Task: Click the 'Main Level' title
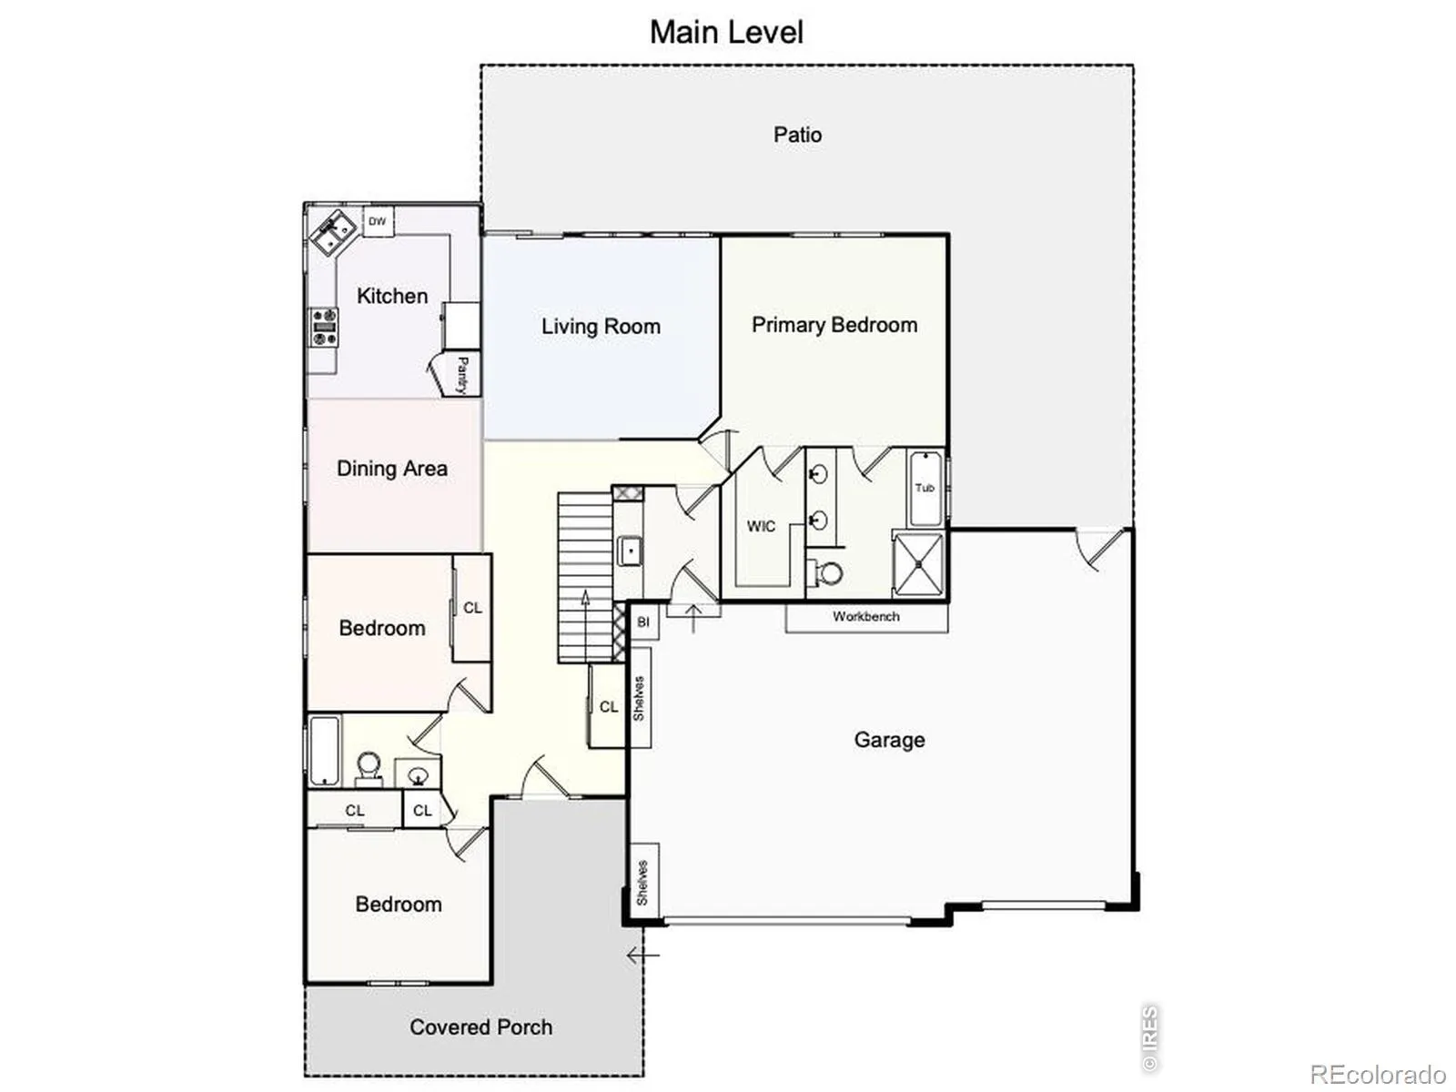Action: pos(726,32)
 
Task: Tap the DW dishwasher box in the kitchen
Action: pos(378,221)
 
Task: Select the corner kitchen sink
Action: pos(334,232)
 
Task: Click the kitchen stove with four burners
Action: pos(324,327)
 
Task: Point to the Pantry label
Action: pos(462,375)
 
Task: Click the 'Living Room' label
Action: pos(601,326)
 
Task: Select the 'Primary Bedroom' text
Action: pos(834,325)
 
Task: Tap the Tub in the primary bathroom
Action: pos(925,489)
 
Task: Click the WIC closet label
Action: pos(761,527)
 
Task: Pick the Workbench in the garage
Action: pos(866,617)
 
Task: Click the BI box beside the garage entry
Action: pos(643,622)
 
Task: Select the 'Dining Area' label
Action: pos(392,469)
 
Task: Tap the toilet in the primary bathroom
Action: pos(824,572)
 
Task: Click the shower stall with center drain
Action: pos(918,564)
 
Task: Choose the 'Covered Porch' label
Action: pos(480,1027)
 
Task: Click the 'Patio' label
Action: pos(797,136)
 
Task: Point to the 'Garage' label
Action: pos(889,740)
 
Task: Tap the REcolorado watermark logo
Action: pos(1379,1074)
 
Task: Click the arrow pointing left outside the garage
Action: pos(642,955)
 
